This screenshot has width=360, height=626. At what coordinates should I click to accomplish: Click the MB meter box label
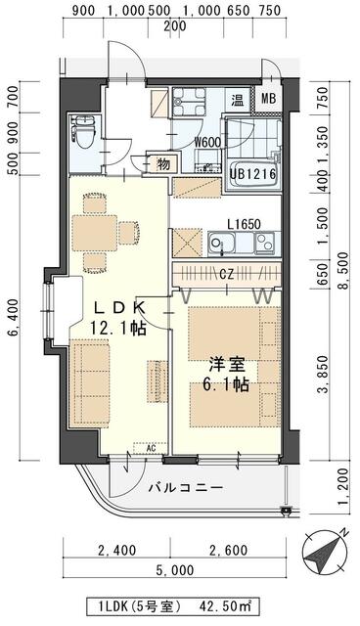(x=266, y=98)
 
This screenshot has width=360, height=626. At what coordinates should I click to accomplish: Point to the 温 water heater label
(x=238, y=99)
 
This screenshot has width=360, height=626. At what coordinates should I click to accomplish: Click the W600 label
(x=205, y=143)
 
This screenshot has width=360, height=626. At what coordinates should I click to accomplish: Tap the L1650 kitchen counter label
(x=244, y=224)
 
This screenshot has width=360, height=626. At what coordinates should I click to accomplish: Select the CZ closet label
(x=225, y=275)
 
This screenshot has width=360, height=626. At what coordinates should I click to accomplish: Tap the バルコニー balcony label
(x=185, y=486)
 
